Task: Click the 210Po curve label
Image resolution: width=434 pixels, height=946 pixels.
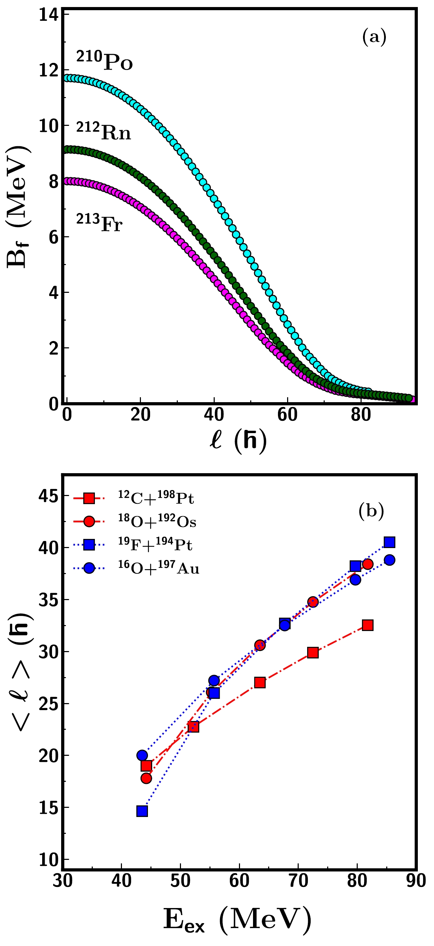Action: (x=104, y=61)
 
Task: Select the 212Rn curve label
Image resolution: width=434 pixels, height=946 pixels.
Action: (x=104, y=131)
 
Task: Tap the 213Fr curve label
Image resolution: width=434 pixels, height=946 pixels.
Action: (x=99, y=223)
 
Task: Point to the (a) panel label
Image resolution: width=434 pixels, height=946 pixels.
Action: (x=374, y=37)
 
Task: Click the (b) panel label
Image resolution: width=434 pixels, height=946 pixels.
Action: (x=371, y=511)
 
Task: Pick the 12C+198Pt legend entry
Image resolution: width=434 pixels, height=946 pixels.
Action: (x=156, y=498)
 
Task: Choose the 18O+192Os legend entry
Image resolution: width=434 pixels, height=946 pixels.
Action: (x=157, y=521)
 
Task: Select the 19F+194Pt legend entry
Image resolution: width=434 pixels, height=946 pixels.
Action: (x=155, y=545)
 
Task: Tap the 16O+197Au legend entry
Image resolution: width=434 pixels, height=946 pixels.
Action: (x=158, y=568)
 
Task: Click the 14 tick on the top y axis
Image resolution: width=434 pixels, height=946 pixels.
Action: (x=48, y=15)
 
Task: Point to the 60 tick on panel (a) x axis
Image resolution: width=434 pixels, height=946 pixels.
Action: (x=287, y=415)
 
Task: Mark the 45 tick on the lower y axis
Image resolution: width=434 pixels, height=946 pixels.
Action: (x=48, y=496)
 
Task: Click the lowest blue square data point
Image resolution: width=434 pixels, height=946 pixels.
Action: (x=142, y=811)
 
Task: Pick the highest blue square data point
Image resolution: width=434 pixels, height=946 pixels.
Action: (x=390, y=542)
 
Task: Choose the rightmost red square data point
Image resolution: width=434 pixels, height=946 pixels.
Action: (x=368, y=625)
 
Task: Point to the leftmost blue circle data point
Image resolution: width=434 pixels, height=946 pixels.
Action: (x=142, y=755)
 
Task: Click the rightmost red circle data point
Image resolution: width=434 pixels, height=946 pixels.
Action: (x=368, y=564)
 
